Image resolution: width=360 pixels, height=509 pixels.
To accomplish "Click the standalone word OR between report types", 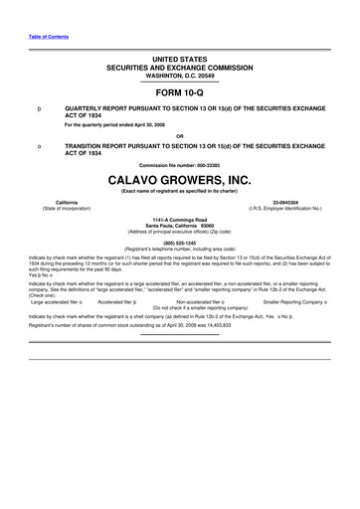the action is click(x=180, y=136).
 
